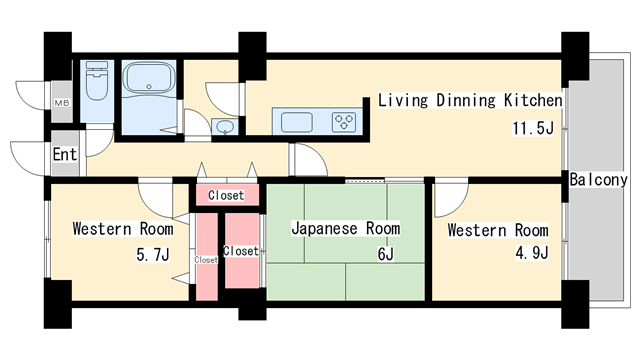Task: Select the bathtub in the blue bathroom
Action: (x=149, y=85)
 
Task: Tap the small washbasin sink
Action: (x=224, y=126)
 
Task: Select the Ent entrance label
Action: (x=64, y=154)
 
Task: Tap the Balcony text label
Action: (x=599, y=180)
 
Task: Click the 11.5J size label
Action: (x=532, y=129)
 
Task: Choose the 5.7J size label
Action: (x=152, y=254)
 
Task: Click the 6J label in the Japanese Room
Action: (x=385, y=254)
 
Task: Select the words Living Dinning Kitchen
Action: (x=470, y=101)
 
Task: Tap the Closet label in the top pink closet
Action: (x=226, y=194)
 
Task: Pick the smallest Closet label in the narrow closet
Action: (x=206, y=259)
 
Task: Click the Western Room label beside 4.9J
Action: (x=497, y=230)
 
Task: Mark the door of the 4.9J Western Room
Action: (x=450, y=196)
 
